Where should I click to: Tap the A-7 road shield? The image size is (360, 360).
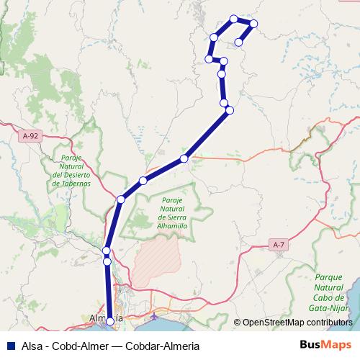pos(279,245)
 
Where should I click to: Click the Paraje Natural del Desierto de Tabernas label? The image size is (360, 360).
pos(72,171)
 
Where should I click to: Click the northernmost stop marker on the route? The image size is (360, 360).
pos(233,19)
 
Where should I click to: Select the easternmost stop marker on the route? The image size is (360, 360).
pos(253,24)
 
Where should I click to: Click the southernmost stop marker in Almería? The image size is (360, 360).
pos(109,322)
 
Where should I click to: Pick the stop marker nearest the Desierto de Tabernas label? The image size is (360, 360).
pos(120,199)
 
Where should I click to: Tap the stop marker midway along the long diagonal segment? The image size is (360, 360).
pos(184,158)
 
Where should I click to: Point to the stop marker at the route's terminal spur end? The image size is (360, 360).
pos(238,41)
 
